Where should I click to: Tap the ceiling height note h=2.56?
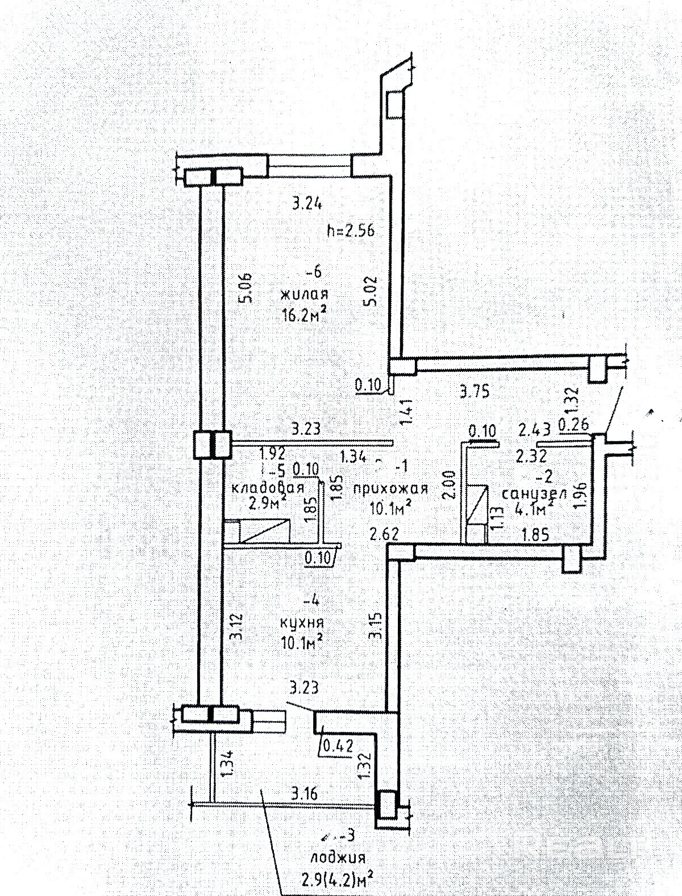pos(350,231)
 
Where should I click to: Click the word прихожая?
pos(390,488)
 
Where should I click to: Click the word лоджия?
pos(338,857)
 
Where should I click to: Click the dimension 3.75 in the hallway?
pos(474,391)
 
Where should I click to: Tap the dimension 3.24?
pos(307,203)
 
